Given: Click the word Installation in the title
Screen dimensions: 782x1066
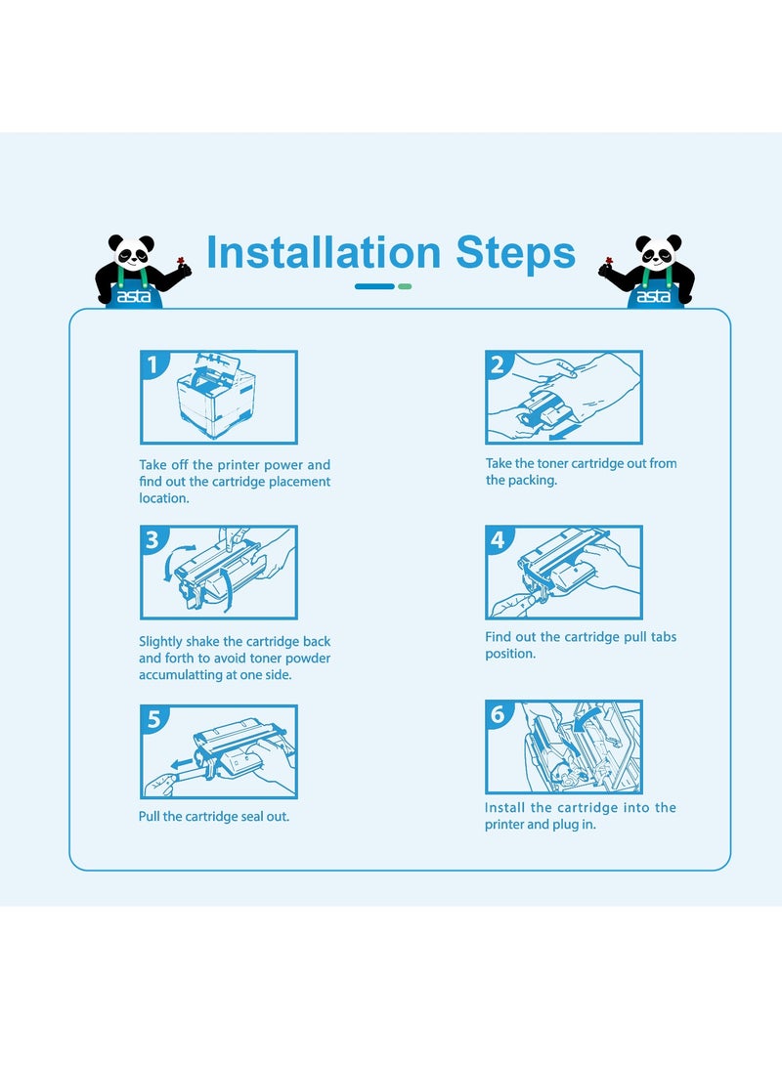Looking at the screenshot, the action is coord(324,252).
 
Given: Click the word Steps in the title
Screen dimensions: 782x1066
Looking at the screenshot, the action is coord(515,254).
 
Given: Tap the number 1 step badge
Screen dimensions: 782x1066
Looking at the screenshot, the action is coord(152,364).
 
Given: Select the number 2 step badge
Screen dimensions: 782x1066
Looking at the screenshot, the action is coord(498,364).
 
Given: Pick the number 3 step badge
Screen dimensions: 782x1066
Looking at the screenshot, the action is coord(152,539).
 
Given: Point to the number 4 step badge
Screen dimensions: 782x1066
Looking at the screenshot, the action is coord(498,539).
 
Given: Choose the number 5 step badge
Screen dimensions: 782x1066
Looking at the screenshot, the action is coord(153,719).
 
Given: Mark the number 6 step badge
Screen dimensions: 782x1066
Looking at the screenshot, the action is coord(498,714).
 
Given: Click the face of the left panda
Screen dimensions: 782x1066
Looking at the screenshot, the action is coord(133,254).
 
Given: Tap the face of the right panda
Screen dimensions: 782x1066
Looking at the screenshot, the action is coord(657,254).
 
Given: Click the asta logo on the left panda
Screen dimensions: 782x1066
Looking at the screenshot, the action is coord(134,296).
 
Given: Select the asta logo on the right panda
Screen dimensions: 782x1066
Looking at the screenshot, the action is coord(654,296).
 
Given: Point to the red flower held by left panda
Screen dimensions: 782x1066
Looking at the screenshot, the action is coord(181,261).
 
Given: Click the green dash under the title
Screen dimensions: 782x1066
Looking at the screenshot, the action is coord(405,286).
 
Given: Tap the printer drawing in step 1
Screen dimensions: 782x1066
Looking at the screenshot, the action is coord(216,396).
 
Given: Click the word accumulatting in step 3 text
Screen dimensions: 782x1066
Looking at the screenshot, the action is coord(180,675).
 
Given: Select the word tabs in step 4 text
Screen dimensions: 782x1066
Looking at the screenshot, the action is coord(664,637).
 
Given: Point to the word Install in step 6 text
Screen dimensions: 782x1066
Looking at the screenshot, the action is coord(504,808).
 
